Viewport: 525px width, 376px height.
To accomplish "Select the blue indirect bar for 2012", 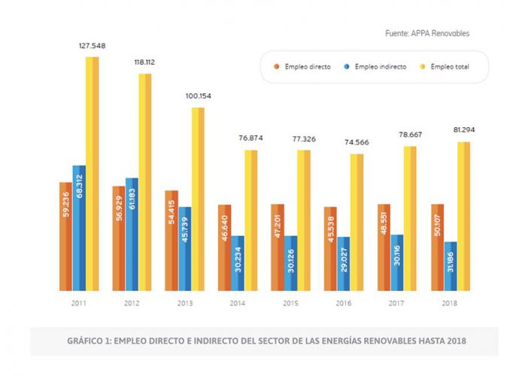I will [132, 234].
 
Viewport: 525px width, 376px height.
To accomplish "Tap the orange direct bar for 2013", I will [171, 240].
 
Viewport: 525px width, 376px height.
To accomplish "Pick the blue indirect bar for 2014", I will [238, 262].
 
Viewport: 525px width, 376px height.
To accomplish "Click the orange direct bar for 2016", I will [329, 248].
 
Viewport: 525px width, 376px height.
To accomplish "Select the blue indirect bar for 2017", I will [396, 262].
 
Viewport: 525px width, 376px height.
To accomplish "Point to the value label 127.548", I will [92, 46].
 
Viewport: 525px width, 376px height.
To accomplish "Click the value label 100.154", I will [198, 96].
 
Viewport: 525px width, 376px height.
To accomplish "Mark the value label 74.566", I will [357, 142].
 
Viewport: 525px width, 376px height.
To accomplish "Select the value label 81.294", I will [463, 130].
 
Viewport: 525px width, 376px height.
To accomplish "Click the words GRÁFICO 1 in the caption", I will [90, 341].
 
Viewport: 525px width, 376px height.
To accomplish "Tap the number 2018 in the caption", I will [454, 341].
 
